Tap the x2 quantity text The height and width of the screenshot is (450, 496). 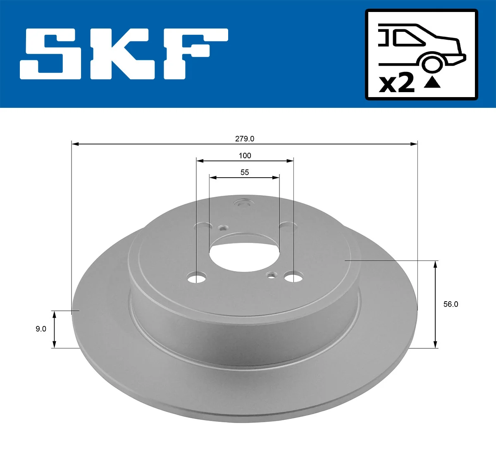397,83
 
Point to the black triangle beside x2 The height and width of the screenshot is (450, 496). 432,83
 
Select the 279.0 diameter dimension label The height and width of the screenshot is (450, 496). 245,139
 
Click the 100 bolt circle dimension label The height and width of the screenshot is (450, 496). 245,155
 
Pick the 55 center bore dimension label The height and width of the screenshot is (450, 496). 245,172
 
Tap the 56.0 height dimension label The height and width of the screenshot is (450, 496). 451,304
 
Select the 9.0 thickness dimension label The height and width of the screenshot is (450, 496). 41,329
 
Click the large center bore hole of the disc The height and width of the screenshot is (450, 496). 244,253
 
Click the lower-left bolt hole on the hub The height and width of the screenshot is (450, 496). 196,278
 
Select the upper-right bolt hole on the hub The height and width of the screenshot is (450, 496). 288,225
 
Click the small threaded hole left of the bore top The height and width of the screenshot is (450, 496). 223,228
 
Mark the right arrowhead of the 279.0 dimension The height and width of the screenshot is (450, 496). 414,144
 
